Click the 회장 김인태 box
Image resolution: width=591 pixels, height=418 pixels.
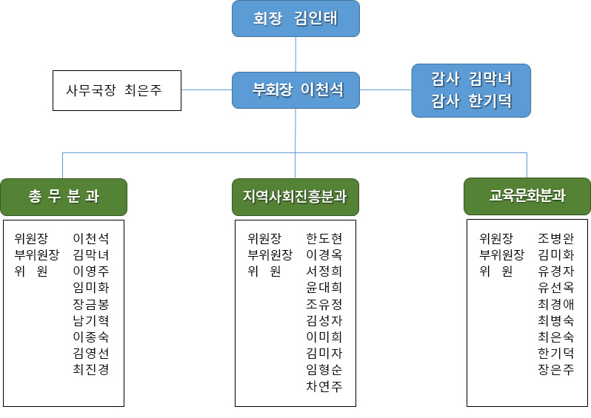point(295,18)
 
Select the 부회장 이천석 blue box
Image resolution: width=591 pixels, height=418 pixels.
point(295,90)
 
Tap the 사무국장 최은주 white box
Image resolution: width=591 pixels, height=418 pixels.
point(117,90)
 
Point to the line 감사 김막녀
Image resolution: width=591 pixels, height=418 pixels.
point(471,79)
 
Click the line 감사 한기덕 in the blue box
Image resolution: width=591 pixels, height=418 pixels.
point(471,101)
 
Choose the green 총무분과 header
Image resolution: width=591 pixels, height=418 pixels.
point(64,197)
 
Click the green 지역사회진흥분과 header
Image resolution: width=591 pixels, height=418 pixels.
point(295,197)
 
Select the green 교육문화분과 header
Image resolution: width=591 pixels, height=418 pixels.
point(527,196)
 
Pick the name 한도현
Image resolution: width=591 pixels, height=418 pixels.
point(324,238)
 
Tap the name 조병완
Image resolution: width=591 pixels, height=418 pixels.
point(555,238)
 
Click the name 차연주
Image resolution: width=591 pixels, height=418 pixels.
point(324,386)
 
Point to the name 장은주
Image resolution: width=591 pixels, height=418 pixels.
point(555,369)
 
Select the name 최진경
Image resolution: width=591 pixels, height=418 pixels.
point(91,369)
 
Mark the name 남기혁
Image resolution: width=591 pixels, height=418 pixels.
point(91,320)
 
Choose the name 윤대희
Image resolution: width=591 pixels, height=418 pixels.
point(324,288)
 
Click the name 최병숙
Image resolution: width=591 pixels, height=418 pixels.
point(555,320)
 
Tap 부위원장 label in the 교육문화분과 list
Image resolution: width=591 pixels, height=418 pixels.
point(501,255)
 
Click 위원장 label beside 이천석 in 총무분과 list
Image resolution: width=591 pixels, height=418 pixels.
point(31,238)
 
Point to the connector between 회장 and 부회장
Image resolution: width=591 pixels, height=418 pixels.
point(295,54)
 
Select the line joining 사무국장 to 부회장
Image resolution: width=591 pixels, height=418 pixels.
point(207,90)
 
